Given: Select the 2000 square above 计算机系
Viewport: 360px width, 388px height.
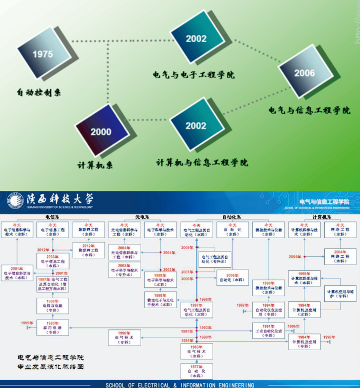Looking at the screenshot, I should pos(101,132).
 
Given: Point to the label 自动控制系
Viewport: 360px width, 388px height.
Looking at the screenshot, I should pos(39,93).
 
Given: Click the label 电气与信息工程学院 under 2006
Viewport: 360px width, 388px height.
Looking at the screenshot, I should pos(309,110).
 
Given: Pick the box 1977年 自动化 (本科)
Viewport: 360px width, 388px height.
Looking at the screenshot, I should pos(196,370).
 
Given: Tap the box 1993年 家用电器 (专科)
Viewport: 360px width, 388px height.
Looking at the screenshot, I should pos(52,327).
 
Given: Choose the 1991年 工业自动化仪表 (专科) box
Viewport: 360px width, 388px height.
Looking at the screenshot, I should pos(269,330).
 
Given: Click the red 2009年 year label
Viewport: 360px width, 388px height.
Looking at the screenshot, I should pos(187,247).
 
